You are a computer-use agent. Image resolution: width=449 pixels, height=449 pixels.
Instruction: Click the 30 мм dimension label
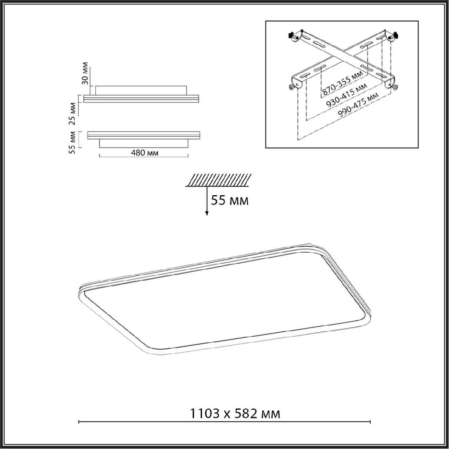[85, 73]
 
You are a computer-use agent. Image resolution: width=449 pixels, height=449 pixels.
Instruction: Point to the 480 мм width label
[144, 153]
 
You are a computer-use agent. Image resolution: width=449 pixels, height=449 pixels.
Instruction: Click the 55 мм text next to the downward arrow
[229, 201]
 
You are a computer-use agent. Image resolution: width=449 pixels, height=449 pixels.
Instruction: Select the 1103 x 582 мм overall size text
[235, 414]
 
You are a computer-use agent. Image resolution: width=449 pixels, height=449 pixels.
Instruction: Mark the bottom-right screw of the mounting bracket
[395, 87]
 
